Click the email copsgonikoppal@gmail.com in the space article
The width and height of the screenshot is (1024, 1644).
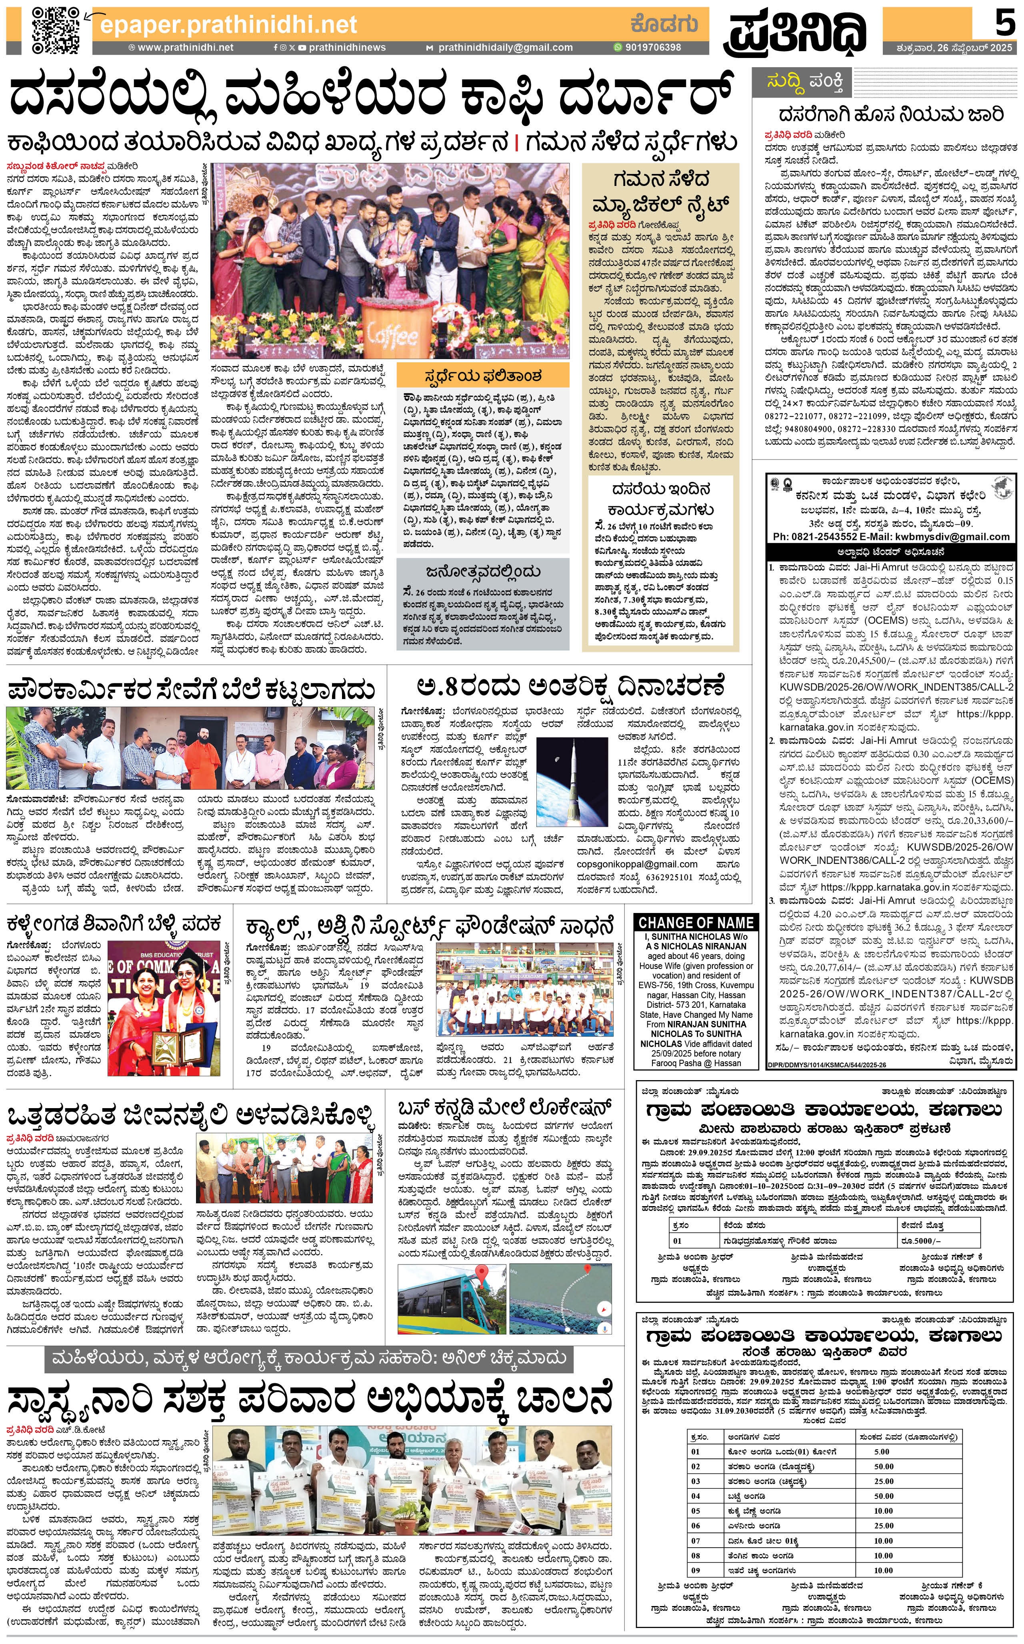pyautogui.click(x=637, y=864)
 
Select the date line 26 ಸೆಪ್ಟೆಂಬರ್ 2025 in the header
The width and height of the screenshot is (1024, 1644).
pyautogui.click(x=953, y=48)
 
